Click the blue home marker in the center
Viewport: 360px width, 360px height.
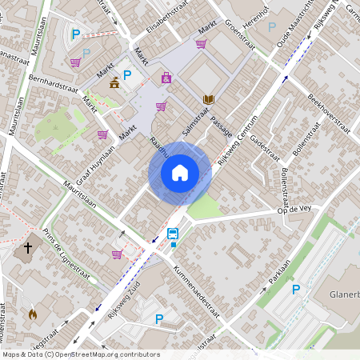coord(180,172)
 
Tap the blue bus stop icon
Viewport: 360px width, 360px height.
coord(173,234)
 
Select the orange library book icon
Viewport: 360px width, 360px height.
coord(209,99)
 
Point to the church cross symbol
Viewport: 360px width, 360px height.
coord(28,248)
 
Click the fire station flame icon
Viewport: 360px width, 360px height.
coord(33,314)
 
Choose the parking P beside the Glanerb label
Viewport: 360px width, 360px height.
coord(296,289)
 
